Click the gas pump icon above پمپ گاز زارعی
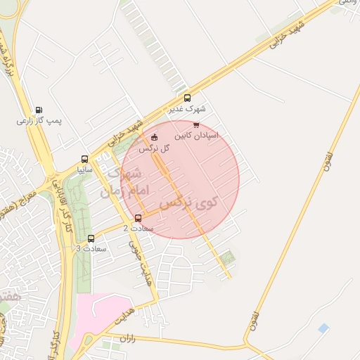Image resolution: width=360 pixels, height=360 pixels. [x=38, y=110]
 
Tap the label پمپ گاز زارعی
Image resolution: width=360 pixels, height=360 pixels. [x=39, y=121]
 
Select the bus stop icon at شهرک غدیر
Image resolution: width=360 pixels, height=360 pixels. [x=187, y=98]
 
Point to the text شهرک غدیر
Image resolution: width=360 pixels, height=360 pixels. [x=186, y=109]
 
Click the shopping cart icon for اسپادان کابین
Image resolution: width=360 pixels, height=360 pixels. [x=195, y=125]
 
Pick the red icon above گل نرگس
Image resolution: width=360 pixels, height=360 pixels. [x=155, y=136]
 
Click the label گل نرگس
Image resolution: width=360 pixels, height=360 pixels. [x=155, y=148]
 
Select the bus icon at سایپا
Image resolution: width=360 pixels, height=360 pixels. [x=85, y=159]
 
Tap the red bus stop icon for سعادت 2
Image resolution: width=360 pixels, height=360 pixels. [x=138, y=217]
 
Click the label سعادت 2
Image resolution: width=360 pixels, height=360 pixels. [x=135, y=228]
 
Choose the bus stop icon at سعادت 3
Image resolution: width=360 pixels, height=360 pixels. [x=91, y=238]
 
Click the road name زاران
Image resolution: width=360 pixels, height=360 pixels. [x=127, y=339]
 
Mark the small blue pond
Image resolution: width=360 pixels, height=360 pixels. [x=323, y=328]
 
